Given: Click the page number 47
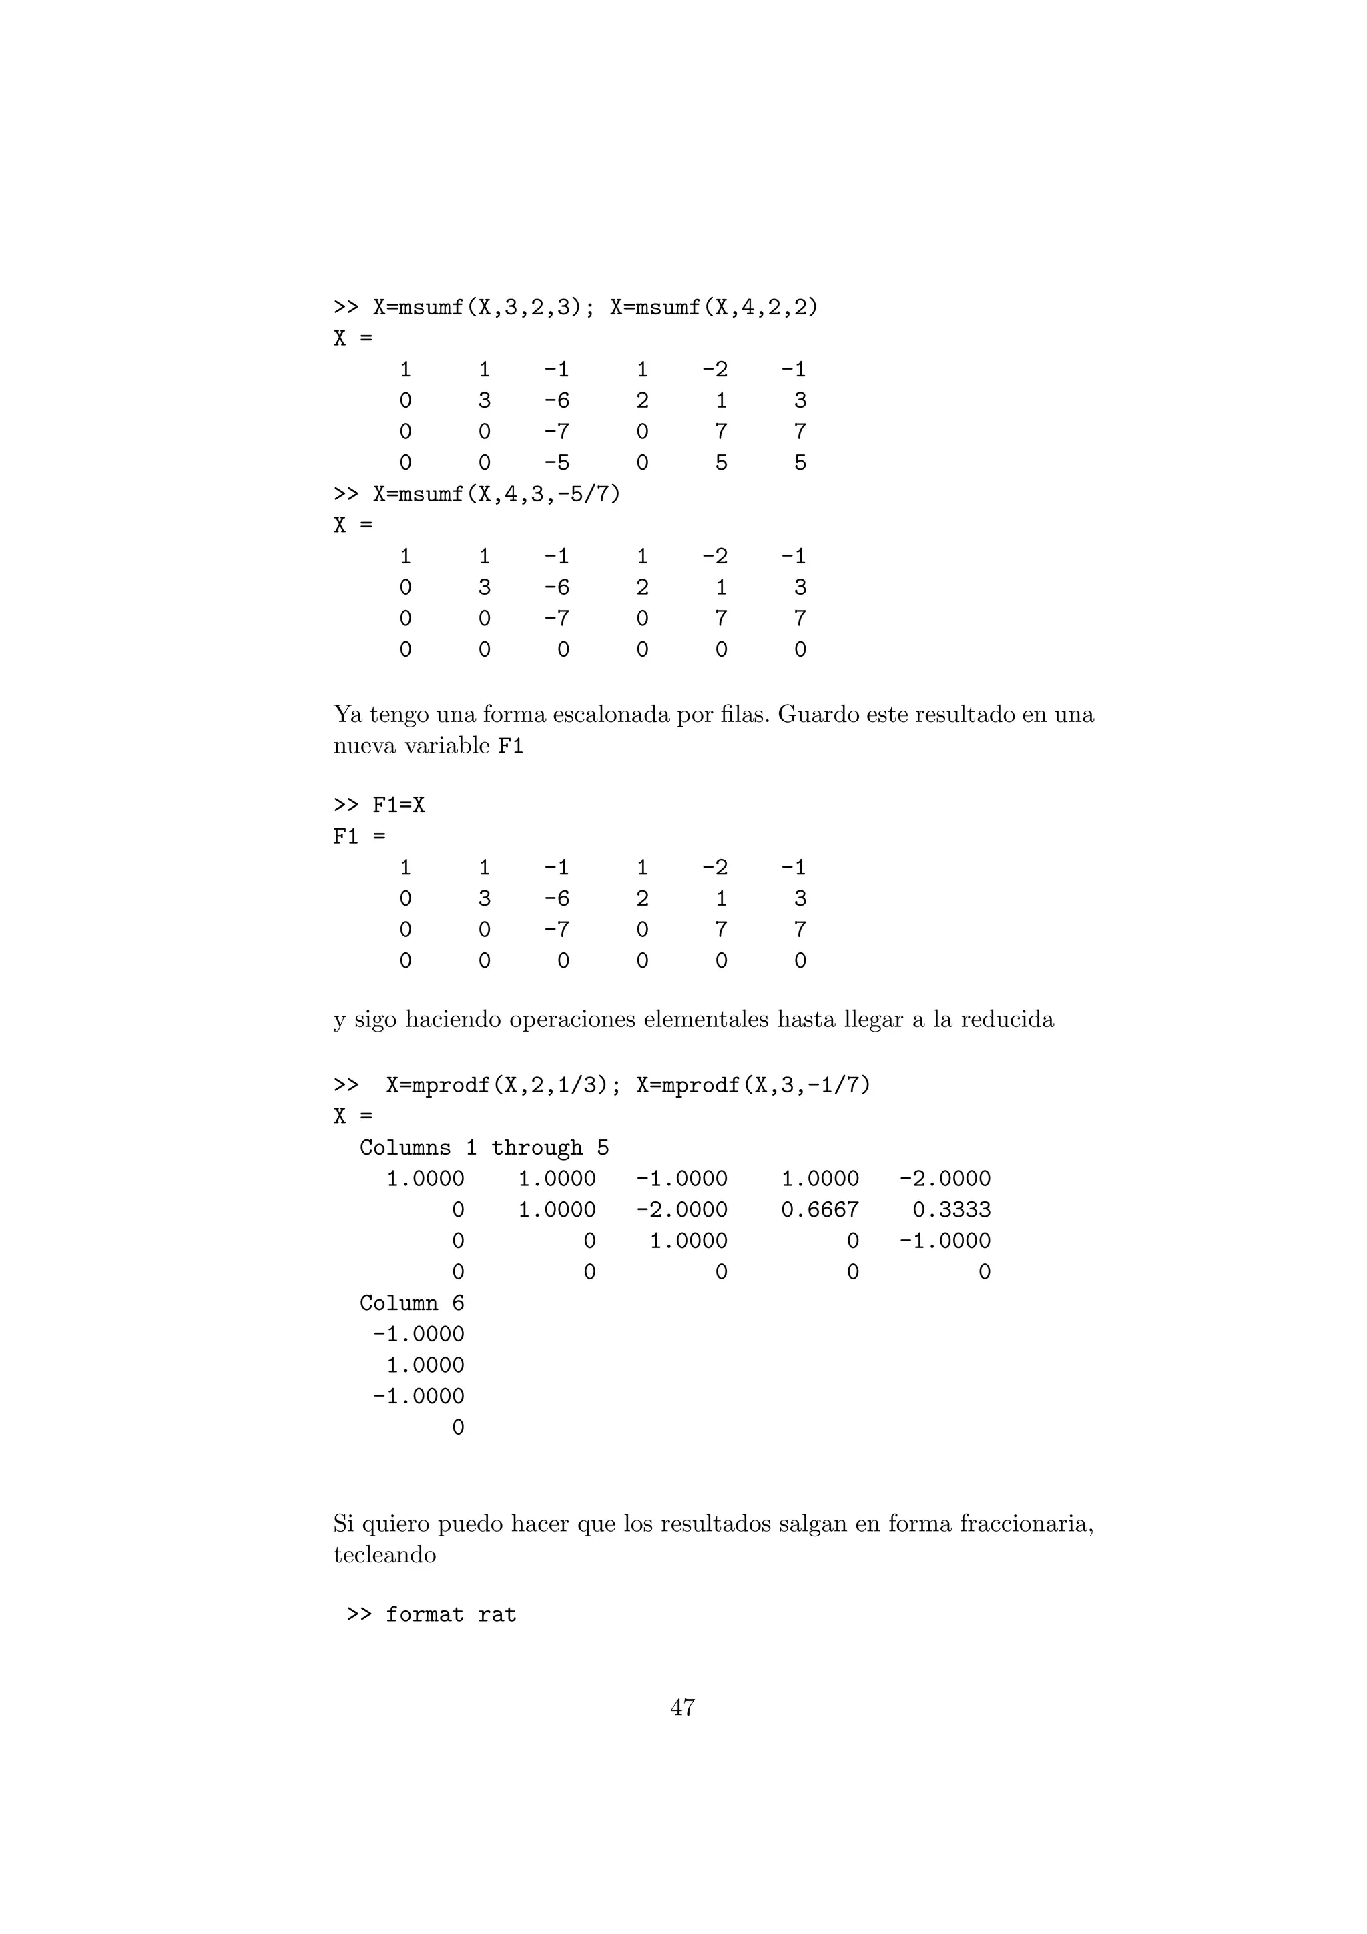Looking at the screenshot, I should [x=682, y=1707].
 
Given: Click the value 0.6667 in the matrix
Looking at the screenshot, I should [x=820, y=1210].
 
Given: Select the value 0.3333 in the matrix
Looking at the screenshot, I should [x=951, y=1210].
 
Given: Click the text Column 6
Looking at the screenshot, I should [x=411, y=1303].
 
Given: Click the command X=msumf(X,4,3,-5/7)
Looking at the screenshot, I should [x=496, y=494].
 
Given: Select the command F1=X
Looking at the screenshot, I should [x=398, y=805].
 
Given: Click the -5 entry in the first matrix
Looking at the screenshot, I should [x=556, y=462].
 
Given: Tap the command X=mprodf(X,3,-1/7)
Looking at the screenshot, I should [x=753, y=1085].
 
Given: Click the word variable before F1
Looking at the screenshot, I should [x=447, y=745].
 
